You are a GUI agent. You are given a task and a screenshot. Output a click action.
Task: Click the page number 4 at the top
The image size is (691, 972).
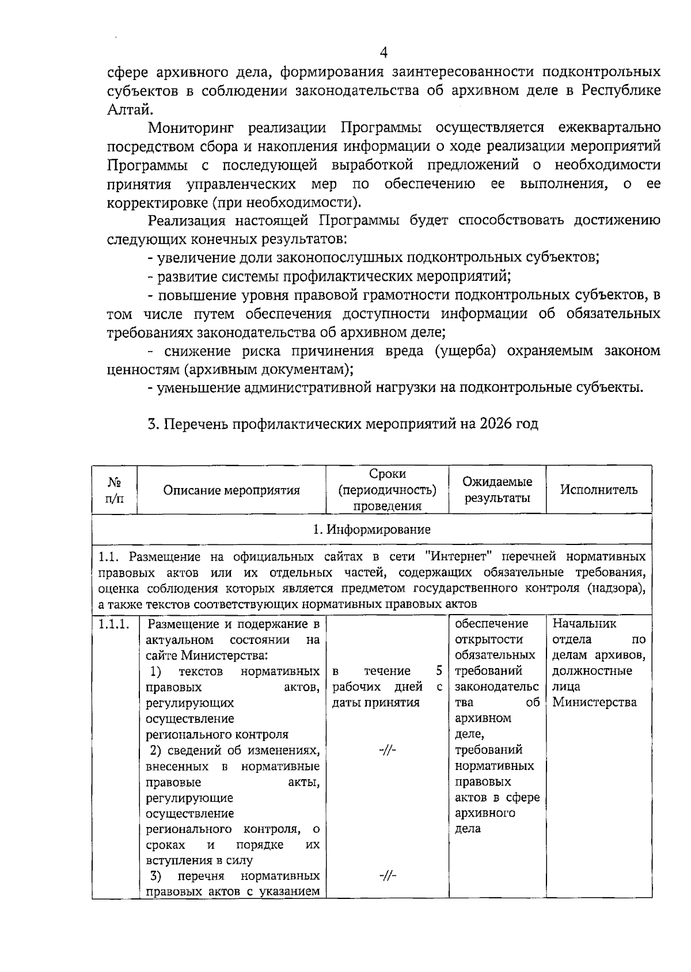point(384,52)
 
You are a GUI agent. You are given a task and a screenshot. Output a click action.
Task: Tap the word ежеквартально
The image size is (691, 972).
point(609,127)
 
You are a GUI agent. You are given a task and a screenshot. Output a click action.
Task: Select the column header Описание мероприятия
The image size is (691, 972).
point(231,490)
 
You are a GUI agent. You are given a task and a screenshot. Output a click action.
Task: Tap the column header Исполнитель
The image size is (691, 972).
point(599,490)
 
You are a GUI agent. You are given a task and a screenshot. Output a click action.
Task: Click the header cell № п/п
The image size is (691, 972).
point(115,490)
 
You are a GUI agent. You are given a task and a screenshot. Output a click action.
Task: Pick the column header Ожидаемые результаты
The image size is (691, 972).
point(498,490)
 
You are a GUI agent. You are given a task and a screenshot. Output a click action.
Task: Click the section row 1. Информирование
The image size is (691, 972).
point(372,529)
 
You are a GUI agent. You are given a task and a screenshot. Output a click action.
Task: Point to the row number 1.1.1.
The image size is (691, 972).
point(114,624)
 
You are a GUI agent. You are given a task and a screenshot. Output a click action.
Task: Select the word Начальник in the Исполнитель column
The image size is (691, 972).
point(584,624)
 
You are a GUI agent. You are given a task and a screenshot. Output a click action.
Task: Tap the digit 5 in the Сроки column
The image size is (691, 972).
point(439,671)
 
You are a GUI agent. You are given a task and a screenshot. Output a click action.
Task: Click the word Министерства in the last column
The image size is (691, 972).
point(594,703)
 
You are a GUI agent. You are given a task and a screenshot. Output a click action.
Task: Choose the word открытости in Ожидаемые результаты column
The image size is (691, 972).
point(489,640)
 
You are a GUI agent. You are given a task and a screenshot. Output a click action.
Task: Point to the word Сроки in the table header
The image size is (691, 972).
point(387,474)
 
